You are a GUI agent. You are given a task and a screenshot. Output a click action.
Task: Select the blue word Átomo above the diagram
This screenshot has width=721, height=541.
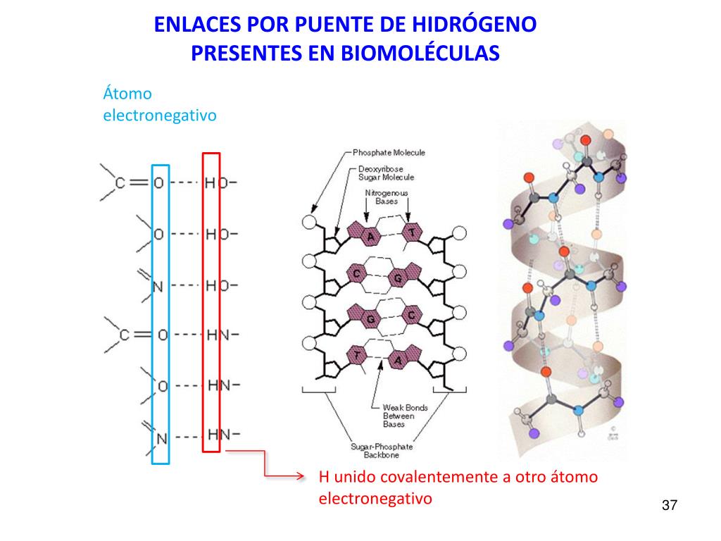point(127,93)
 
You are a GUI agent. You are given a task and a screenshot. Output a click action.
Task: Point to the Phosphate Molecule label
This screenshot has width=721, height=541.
point(389,152)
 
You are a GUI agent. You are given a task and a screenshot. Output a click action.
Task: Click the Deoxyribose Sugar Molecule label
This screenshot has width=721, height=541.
point(386,173)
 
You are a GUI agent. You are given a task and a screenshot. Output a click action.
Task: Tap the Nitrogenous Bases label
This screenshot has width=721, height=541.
point(386,197)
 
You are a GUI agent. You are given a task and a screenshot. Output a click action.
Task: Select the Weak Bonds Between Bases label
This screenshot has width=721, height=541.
point(404,416)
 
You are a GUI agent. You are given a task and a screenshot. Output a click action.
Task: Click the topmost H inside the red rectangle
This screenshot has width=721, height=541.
point(210,183)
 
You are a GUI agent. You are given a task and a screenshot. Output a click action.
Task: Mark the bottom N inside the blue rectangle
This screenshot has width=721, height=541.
point(161,438)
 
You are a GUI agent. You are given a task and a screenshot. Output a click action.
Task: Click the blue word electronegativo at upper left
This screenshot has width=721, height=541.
point(160,114)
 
